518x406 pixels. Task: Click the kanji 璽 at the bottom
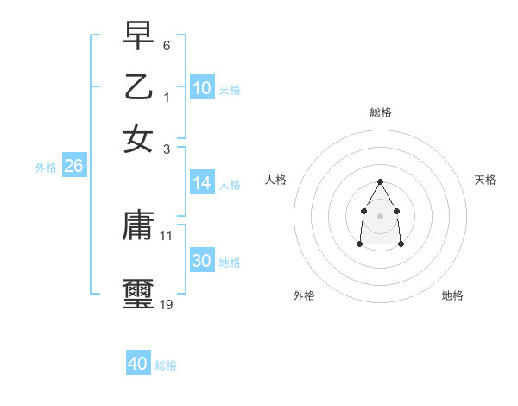point(138,291)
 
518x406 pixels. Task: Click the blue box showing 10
point(202,87)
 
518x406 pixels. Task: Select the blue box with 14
point(202,183)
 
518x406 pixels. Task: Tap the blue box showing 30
point(202,261)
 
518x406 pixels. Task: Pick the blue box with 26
point(73,167)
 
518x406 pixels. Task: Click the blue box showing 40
point(138,364)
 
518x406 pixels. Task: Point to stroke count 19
point(167,304)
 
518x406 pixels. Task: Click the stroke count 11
point(167,235)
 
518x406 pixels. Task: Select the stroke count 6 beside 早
point(167,44)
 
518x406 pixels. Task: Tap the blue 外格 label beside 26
point(46,168)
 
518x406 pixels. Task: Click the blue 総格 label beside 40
point(166,365)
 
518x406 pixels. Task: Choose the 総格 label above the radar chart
point(381,112)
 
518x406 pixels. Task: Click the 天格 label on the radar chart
point(485,180)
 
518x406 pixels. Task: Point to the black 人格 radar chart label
point(276,180)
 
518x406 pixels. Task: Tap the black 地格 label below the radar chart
point(452,296)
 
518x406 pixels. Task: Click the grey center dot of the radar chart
point(381,215)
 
